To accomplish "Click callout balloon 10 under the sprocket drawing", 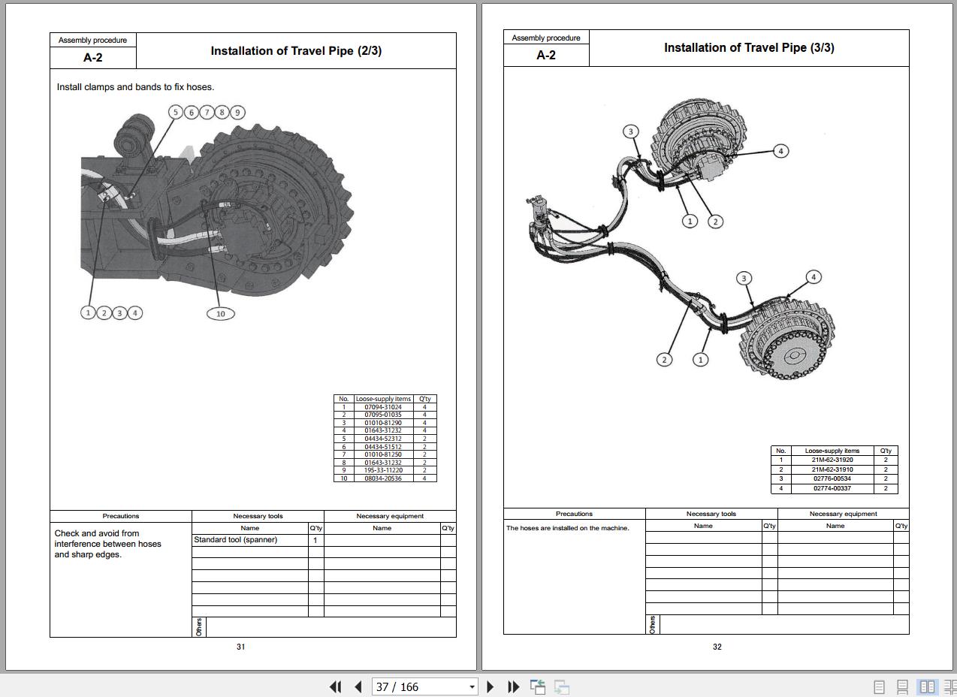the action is point(220,314).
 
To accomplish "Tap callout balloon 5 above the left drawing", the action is point(176,113).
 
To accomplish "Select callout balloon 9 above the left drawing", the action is point(237,113).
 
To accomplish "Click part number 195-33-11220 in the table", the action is point(383,470).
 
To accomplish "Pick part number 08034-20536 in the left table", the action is point(383,478).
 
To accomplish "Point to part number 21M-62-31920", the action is point(832,460).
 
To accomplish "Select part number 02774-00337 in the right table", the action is point(832,488).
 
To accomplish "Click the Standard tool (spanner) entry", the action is point(235,540).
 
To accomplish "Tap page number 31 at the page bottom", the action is point(241,647).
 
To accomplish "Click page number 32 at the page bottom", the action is point(717,647).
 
